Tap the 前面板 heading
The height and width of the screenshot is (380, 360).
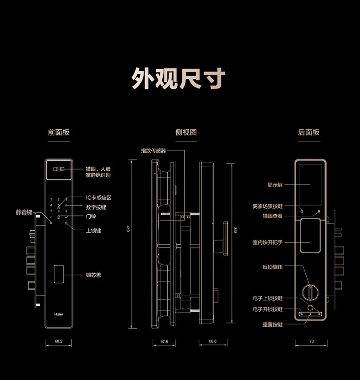(x=59, y=133)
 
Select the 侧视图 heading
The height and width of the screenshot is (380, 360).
(x=186, y=133)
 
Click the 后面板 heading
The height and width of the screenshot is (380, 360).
(x=309, y=133)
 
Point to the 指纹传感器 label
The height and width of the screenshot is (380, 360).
(x=154, y=150)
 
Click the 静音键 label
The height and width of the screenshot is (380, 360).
(x=24, y=212)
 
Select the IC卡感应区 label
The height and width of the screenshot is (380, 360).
(x=98, y=198)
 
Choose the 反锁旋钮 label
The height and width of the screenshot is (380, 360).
(x=273, y=267)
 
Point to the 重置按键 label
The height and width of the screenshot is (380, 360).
(x=273, y=324)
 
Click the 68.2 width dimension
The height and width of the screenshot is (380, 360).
(x=58, y=341)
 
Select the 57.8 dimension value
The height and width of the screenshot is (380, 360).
(x=164, y=341)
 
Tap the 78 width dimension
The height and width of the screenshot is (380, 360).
(x=311, y=341)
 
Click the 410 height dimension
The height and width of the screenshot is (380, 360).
(x=128, y=229)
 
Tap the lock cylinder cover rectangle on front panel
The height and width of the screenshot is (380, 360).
(x=59, y=274)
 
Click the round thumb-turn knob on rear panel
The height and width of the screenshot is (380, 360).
(x=310, y=291)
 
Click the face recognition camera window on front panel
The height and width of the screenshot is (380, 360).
(x=59, y=169)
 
